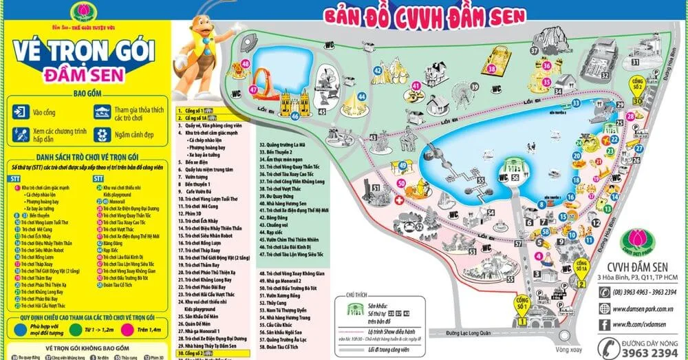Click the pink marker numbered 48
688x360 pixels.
click(246, 64)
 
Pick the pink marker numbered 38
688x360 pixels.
click(491, 69)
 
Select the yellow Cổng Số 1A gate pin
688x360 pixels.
click(581, 265)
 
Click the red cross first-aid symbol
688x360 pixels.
click(400, 200)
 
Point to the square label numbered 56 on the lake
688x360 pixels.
click(516, 176)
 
